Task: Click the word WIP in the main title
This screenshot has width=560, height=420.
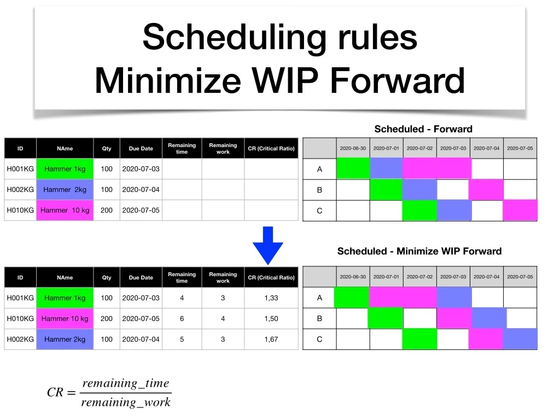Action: (x=284, y=80)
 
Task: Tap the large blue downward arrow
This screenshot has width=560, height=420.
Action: (x=268, y=246)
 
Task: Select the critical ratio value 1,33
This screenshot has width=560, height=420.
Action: (x=271, y=298)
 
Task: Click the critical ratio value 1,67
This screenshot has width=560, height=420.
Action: (x=271, y=339)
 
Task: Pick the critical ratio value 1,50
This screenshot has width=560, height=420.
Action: (x=271, y=319)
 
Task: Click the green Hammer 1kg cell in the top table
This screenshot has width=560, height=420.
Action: (x=65, y=169)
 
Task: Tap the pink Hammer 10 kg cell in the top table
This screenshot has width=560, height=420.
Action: (x=65, y=211)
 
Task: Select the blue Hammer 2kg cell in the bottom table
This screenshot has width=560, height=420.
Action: (x=65, y=339)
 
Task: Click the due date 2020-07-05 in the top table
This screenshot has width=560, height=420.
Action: (x=141, y=211)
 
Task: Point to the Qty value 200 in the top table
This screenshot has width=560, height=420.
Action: (x=107, y=211)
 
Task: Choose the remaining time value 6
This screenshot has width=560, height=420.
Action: (x=182, y=319)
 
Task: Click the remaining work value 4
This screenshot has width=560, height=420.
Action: (x=223, y=319)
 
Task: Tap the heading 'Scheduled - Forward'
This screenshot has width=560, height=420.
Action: (x=423, y=129)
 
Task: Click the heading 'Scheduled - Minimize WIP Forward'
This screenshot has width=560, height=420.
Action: (x=419, y=251)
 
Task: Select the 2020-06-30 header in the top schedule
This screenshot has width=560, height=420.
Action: (x=353, y=148)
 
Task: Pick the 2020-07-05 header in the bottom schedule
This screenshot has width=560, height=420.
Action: (x=520, y=277)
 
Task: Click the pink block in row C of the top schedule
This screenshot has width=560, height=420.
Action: (x=520, y=211)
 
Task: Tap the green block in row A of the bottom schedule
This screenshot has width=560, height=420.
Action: (x=352, y=297)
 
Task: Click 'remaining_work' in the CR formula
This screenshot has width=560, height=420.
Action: (x=126, y=402)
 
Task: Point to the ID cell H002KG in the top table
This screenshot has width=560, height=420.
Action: (x=20, y=190)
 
